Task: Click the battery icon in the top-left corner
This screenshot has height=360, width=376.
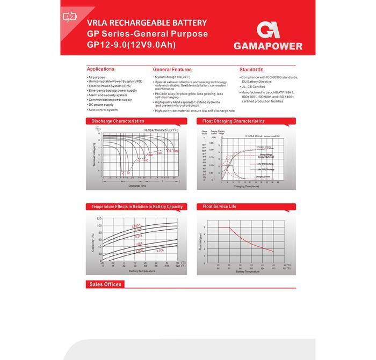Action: point(70,17)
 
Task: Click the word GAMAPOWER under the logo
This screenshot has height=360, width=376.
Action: point(267,46)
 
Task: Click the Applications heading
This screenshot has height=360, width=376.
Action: point(100,69)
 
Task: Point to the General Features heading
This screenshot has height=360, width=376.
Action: point(172,70)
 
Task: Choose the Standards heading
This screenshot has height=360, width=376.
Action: point(251,70)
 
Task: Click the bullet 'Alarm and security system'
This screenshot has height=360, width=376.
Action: point(107,95)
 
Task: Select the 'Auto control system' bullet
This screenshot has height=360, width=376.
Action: point(103,109)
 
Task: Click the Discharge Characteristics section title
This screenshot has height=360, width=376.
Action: point(118,121)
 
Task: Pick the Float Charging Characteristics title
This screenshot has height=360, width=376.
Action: point(234,121)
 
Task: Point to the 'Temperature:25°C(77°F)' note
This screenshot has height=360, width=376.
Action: point(161,130)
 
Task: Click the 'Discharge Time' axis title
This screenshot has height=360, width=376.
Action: point(137,186)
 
